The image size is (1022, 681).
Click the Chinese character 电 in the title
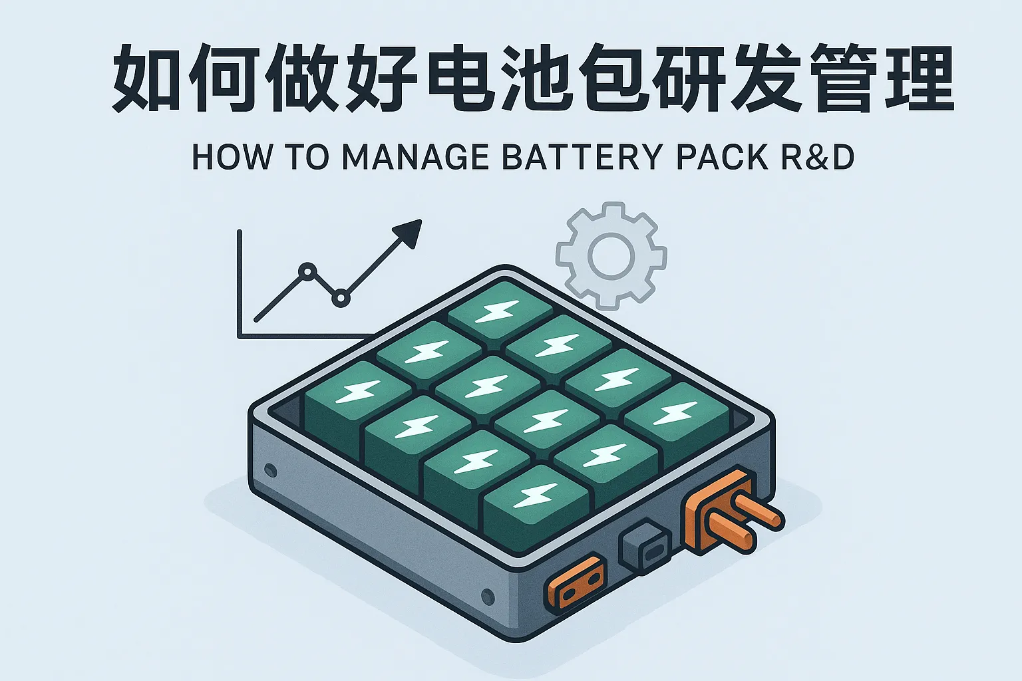pyautogui.click(x=456, y=78)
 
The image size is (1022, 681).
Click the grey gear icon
pyautogui.click(x=611, y=256)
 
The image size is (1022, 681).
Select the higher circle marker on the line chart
pyautogui.click(x=307, y=271)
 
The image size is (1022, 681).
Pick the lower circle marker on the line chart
pyautogui.click(x=341, y=299)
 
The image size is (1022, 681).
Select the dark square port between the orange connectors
pyautogui.click(x=645, y=547)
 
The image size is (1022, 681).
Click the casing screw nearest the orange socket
pyautogui.click(x=488, y=595)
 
